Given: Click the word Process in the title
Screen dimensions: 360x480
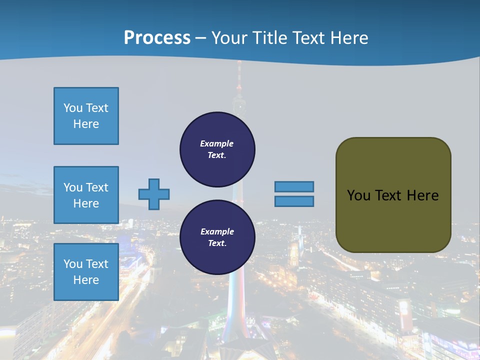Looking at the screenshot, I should (x=157, y=38).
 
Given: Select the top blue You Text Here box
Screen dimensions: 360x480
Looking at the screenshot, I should (x=86, y=116).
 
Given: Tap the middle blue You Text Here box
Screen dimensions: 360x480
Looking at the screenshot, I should (x=86, y=195).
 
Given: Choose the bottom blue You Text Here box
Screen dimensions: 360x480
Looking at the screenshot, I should (x=86, y=272).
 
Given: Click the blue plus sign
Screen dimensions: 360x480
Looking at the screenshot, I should (x=154, y=194).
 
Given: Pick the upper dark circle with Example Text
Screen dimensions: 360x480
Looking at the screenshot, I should (x=217, y=149).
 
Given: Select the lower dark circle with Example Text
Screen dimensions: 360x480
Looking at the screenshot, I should (x=217, y=237).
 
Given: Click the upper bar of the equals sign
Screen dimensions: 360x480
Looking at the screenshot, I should (x=294, y=186).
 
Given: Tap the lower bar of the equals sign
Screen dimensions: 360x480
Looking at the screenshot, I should (x=294, y=201).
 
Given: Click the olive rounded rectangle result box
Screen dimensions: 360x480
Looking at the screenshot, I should (x=393, y=220).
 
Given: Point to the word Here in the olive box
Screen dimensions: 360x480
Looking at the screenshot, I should (x=422, y=195).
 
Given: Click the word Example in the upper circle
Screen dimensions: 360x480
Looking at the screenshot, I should (x=217, y=143).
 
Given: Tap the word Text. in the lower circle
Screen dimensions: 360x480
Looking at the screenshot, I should (x=217, y=243).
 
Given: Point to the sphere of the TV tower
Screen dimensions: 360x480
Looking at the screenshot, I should (x=239, y=104).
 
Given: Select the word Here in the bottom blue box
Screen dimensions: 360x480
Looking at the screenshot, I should (x=86, y=280).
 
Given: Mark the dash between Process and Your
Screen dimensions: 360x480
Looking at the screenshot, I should (x=201, y=38).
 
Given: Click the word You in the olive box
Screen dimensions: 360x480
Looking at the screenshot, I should (x=358, y=195).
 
